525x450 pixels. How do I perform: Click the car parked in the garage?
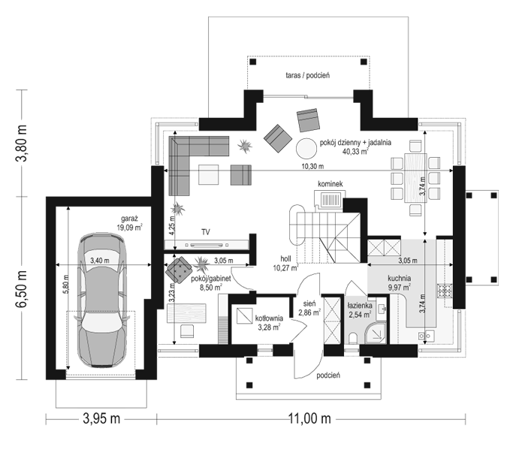point(102,300)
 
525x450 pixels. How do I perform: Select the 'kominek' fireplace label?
point(330,184)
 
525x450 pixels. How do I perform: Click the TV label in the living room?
point(206,232)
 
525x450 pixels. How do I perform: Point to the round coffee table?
point(306,149)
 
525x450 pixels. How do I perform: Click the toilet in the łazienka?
point(352,338)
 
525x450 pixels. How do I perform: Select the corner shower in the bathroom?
point(375,333)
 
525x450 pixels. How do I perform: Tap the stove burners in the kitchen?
point(445,291)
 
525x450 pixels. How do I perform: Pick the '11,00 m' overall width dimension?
point(309,418)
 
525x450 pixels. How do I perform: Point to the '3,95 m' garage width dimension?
point(101,418)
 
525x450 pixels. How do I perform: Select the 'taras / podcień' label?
point(308,75)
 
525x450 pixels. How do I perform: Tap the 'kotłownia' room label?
point(269,318)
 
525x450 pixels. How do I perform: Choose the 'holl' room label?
point(285,258)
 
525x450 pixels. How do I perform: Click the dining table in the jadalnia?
point(415,177)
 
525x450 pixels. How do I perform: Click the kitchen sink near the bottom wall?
point(426,335)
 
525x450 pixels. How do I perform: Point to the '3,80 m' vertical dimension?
point(22,143)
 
